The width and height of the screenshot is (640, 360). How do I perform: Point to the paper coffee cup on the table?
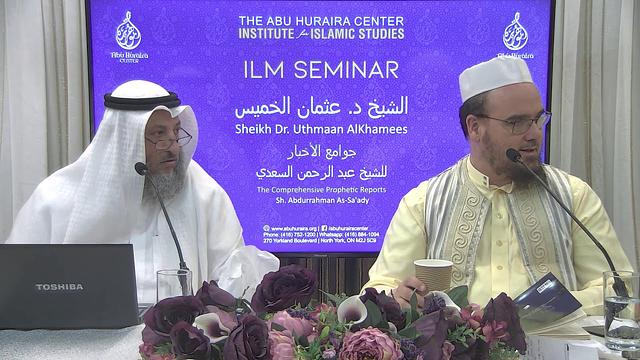(x=433, y=276)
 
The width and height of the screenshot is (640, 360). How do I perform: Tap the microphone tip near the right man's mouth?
(x=513, y=154)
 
